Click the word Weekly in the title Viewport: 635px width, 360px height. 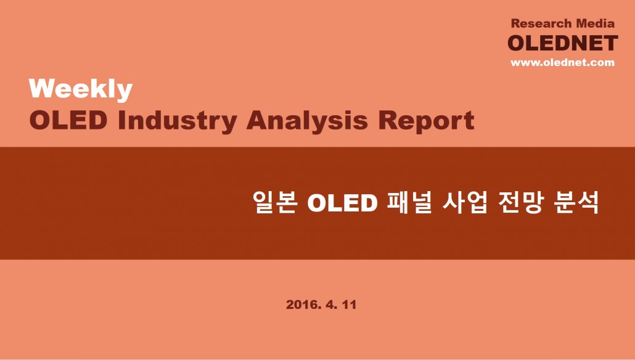[x=81, y=89]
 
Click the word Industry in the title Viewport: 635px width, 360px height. [x=178, y=121]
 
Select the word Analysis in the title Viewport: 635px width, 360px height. [x=307, y=121]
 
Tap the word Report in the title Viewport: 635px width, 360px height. [x=426, y=121]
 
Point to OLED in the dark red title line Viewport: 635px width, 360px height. [x=68, y=121]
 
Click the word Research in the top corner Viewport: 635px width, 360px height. [x=541, y=23]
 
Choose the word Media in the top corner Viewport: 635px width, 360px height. [x=596, y=23]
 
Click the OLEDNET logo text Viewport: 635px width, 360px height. [x=563, y=43]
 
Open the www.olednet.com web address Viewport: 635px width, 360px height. [x=562, y=62]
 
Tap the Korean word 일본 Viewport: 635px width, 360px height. [x=276, y=202]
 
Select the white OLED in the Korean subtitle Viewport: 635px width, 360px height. [x=343, y=202]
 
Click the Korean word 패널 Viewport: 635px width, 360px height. [x=409, y=202]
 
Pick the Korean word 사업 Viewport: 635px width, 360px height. [x=464, y=202]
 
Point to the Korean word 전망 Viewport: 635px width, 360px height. [x=520, y=202]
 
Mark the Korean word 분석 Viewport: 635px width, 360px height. [x=576, y=202]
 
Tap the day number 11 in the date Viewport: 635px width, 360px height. [x=349, y=305]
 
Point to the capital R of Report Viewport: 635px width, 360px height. [x=388, y=121]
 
